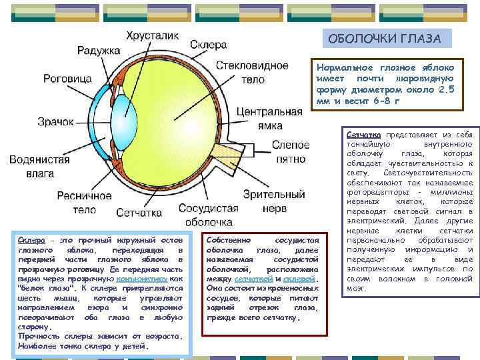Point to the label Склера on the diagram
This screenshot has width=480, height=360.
click(x=209, y=45)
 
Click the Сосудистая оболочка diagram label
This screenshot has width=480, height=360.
click(x=209, y=215)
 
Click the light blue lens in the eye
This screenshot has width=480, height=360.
click(x=125, y=117)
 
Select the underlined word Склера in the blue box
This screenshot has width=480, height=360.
click(x=31, y=239)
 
